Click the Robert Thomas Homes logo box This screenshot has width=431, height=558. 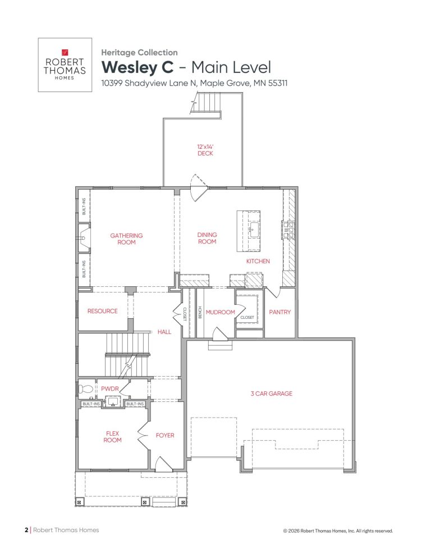point(65,65)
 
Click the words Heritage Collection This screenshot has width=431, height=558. point(139,52)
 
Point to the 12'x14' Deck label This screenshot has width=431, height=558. point(205,149)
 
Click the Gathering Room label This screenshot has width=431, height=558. point(126,239)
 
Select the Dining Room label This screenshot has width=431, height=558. point(207,238)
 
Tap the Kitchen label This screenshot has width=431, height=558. point(258,261)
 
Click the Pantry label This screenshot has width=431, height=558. point(279,312)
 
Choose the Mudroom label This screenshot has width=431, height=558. point(220,312)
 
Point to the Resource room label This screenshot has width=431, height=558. point(103,311)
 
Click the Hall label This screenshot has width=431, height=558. point(164,332)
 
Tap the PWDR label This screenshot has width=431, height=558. point(108,388)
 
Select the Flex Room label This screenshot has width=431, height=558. point(113,436)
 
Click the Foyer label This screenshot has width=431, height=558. point(165,436)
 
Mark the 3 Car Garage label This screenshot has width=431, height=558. point(271,394)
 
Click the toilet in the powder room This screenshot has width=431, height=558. point(85,388)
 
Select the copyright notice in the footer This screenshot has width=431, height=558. point(338,530)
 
